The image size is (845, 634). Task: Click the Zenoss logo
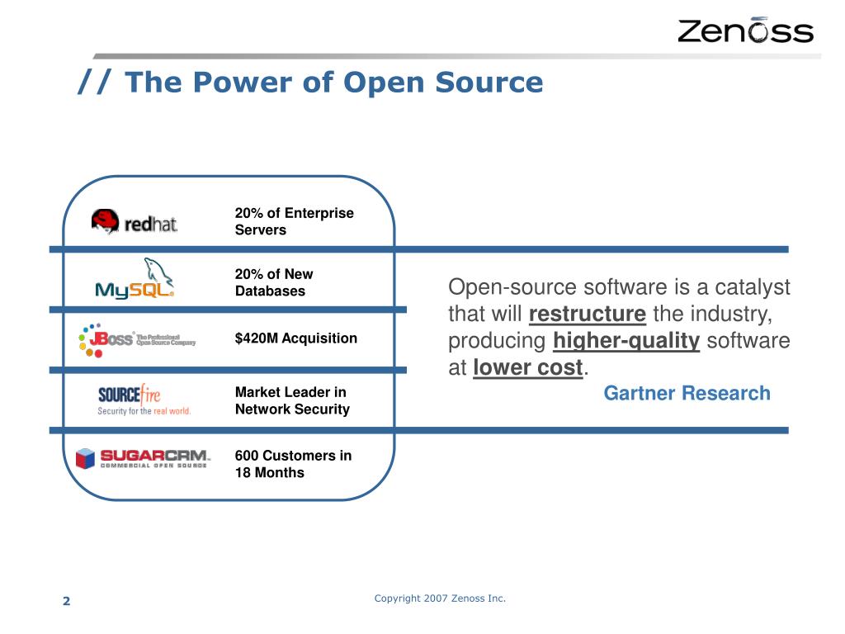(745, 31)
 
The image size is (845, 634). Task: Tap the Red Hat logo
(135, 222)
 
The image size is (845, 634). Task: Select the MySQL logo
(135, 280)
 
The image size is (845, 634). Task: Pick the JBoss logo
(136, 339)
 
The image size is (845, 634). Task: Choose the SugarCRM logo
(143, 458)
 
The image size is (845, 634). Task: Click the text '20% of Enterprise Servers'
(294, 221)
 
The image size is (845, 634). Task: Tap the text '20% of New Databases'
(274, 282)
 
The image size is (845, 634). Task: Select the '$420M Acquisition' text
(295, 338)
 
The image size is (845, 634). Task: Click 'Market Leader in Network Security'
(292, 400)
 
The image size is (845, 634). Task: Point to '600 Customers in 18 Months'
(293, 464)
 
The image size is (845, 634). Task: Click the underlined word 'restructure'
(587, 315)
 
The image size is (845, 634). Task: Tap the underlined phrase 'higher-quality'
(626, 341)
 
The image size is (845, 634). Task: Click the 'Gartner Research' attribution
(687, 394)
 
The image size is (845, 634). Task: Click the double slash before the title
(97, 82)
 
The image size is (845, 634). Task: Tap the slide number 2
(67, 601)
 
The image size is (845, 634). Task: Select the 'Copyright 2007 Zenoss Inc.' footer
(439, 598)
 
